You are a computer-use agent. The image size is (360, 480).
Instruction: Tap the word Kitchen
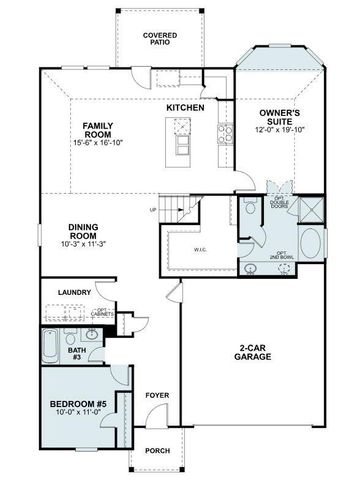coord(185,108)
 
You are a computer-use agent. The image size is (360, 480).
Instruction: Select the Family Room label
coord(103,131)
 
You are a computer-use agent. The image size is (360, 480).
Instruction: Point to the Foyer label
coord(155,395)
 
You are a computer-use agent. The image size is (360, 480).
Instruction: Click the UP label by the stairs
coord(152,209)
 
